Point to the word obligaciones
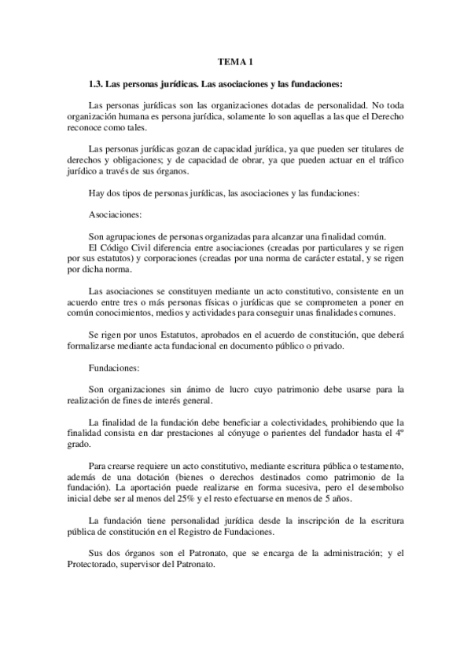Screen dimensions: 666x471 pyautogui.click(x=128, y=158)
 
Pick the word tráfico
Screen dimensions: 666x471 pyautogui.click(x=385, y=158)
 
